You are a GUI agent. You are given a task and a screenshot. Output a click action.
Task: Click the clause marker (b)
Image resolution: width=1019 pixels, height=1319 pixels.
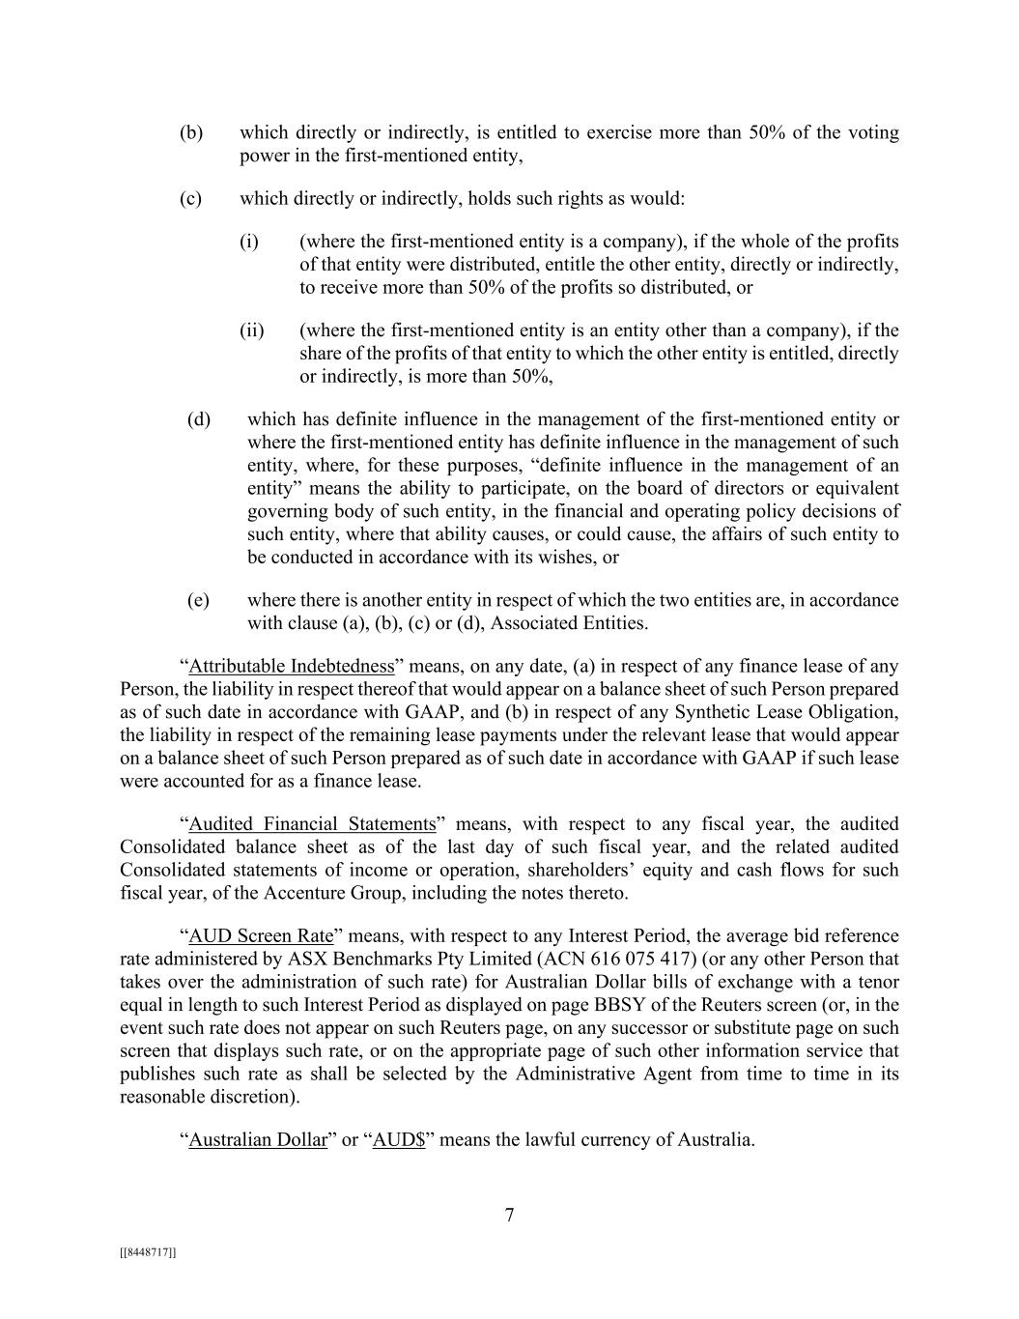click(191, 132)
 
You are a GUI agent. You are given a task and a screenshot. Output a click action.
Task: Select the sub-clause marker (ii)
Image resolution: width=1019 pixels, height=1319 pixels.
click(252, 330)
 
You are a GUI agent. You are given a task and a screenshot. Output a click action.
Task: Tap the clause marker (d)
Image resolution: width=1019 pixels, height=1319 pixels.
click(199, 419)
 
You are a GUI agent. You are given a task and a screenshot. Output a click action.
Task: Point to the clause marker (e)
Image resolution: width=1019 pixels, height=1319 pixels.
click(198, 600)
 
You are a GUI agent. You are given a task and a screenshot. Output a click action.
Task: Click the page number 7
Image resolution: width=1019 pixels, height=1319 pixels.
click(509, 1216)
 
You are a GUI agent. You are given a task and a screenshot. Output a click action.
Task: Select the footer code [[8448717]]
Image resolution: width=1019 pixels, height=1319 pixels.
click(148, 1252)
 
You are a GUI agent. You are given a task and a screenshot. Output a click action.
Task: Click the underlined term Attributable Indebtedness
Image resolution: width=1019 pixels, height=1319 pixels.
click(292, 667)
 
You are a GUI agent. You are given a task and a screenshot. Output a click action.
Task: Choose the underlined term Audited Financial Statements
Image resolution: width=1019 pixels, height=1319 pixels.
click(312, 824)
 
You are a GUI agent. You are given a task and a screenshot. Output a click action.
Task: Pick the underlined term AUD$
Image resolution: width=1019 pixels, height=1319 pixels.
click(399, 1140)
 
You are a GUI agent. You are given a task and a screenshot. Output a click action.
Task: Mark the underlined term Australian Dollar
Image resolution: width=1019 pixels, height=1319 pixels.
click(258, 1140)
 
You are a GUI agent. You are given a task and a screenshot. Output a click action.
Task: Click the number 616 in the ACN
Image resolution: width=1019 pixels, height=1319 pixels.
click(584, 960)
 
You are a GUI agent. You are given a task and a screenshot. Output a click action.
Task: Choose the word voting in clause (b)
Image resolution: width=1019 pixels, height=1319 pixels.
click(874, 132)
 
